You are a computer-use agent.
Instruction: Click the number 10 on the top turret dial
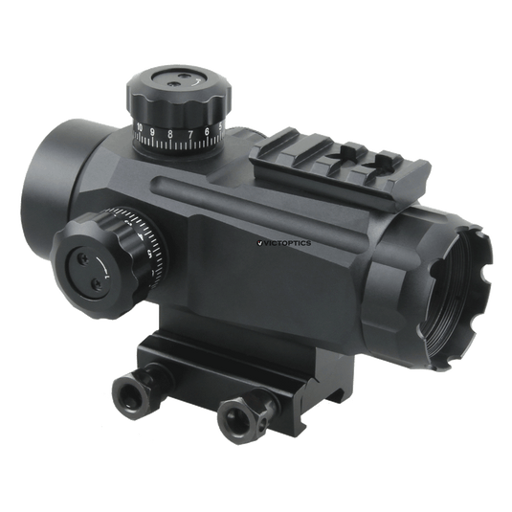point(142,127)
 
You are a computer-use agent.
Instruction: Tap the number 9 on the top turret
point(155,133)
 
